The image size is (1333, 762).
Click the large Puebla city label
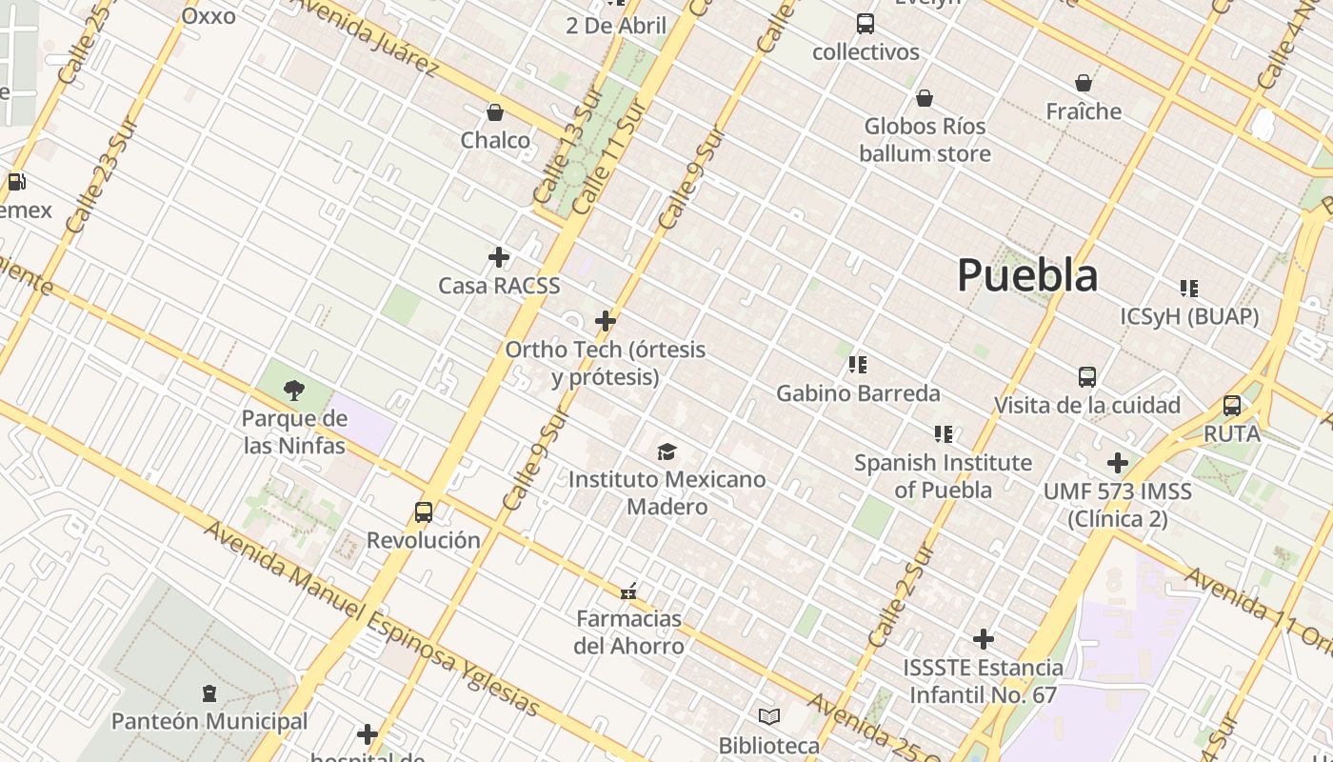click(x=1027, y=275)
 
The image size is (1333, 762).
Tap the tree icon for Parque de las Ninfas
click(x=294, y=389)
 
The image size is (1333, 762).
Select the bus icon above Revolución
click(x=424, y=512)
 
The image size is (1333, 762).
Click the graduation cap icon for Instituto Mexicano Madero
click(x=666, y=451)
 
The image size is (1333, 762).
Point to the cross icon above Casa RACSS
click(x=499, y=257)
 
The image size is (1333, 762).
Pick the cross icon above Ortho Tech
click(x=606, y=321)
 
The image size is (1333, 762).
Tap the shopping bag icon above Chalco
click(x=495, y=112)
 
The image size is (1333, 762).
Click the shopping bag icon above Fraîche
click(x=1084, y=83)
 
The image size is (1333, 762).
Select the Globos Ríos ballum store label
click(x=925, y=140)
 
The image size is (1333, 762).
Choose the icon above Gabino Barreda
click(x=858, y=365)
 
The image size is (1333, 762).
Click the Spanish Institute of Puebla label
click(x=943, y=476)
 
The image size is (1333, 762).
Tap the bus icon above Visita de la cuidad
click(x=1087, y=377)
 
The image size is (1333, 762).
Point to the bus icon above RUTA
click(x=1232, y=406)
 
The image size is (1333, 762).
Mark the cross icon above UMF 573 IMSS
click(x=1118, y=464)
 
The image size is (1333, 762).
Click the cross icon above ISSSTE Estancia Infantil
click(x=984, y=639)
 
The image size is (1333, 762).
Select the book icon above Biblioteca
click(x=769, y=716)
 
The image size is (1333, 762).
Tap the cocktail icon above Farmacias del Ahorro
click(x=628, y=592)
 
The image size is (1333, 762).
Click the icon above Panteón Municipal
click(x=209, y=693)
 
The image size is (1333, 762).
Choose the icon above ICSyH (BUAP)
click(x=1189, y=288)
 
